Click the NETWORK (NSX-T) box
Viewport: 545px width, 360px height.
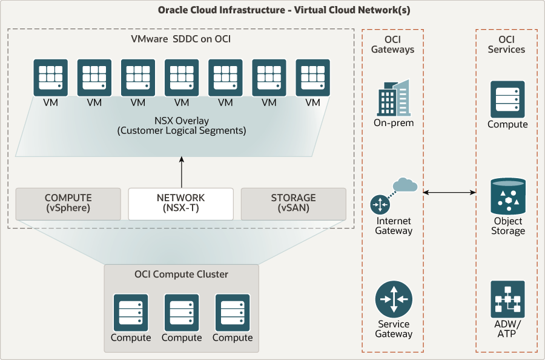coord(180,204)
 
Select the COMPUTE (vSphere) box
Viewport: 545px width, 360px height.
coord(68,204)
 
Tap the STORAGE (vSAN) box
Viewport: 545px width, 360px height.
coord(293,204)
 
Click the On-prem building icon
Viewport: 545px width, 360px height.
coord(393,98)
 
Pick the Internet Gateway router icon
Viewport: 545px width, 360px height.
coord(381,205)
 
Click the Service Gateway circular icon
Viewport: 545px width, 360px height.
coord(393,299)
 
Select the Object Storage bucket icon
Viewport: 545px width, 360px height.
coord(507,196)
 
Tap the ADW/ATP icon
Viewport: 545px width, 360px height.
coord(507,299)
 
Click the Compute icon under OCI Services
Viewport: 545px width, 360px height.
coord(507,99)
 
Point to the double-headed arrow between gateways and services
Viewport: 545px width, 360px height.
coord(449,193)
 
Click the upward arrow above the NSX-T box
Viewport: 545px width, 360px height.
coord(180,172)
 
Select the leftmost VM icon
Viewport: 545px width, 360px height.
coord(51,77)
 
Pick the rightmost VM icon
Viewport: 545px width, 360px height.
coord(312,77)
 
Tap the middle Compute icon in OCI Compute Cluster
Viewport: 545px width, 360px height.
coord(182,312)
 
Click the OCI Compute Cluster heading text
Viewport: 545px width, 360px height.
coord(181,275)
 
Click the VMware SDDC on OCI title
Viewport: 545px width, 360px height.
coord(180,39)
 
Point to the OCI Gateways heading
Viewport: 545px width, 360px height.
coord(392,44)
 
